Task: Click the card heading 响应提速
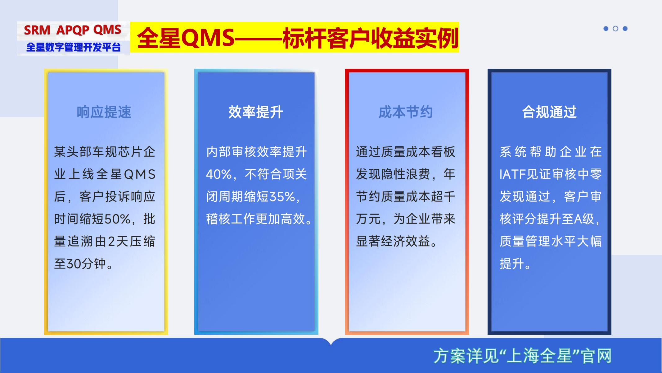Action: [x=104, y=112]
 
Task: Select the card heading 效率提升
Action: [x=255, y=112]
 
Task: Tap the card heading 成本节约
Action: [x=406, y=112]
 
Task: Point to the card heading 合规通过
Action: [x=549, y=112]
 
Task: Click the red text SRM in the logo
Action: [x=37, y=30]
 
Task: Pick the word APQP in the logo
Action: [x=73, y=30]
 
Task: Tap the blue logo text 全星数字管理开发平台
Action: [x=73, y=47]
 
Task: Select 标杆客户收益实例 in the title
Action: [x=370, y=38]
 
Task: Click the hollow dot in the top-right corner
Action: [x=615, y=29]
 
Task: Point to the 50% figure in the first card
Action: [x=118, y=219]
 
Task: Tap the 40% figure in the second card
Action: [x=219, y=174]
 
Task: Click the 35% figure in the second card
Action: [x=282, y=197]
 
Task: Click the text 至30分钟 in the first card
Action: [x=80, y=264]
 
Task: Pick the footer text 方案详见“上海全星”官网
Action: [x=522, y=356]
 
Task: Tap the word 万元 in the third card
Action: [x=368, y=219]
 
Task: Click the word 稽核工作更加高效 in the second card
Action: [x=256, y=219]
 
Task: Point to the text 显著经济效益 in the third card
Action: [x=393, y=242]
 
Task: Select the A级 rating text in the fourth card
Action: [x=584, y=219]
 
